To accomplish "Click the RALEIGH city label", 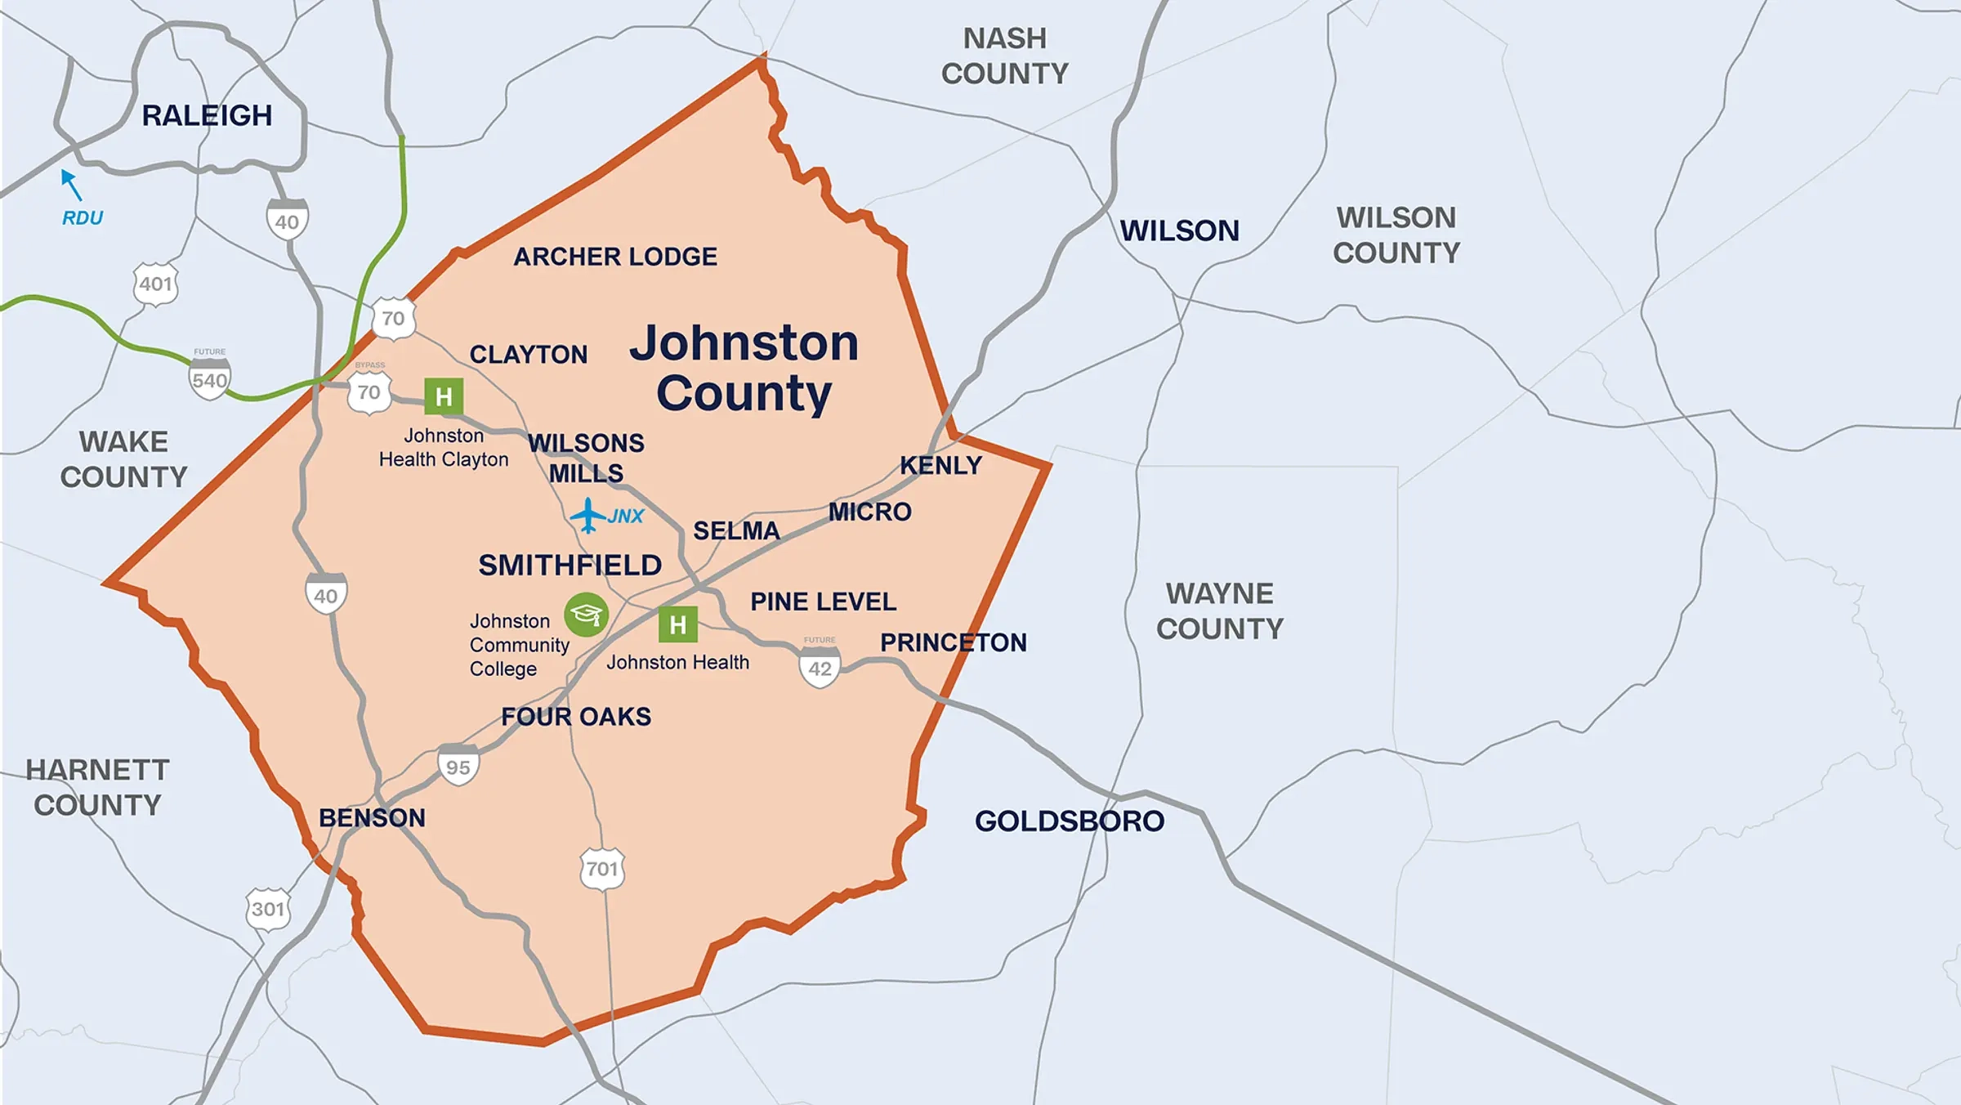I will [207, 115].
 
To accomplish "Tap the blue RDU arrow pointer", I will [72, 185].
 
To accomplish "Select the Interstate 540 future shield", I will [209, 379].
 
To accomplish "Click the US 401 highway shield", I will [155, 284].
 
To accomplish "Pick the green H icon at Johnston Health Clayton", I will [444, 397].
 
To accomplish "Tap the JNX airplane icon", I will [587, 516].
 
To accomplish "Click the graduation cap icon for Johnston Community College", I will [586, 615].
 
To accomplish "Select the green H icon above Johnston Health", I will [677, 625].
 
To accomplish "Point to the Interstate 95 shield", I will [458, 766].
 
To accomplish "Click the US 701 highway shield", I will [602, 868].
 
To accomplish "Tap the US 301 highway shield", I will [268, 909].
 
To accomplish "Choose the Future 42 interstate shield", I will [820, 667].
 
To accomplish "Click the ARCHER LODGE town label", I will [614, 257].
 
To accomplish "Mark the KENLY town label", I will [940, 465].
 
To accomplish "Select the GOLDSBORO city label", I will [1069, 821].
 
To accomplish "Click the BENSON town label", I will [372, 817].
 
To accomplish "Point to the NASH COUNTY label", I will [1004, 56].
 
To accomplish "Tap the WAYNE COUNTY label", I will [1219, 611].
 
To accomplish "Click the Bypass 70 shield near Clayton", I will [369, 391].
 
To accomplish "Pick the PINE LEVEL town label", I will [823, 602].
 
